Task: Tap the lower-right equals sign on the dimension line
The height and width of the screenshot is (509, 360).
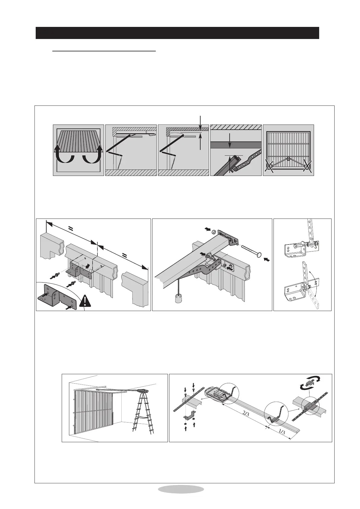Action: [124, 256]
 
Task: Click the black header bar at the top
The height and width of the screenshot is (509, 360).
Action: [177, 33]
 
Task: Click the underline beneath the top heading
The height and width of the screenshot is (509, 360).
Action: [104, 51]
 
